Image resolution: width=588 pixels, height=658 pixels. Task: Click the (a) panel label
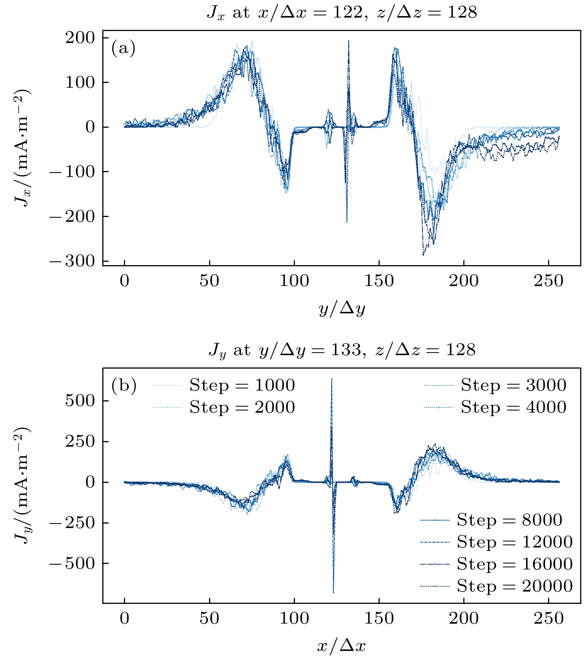[x=123, y=48]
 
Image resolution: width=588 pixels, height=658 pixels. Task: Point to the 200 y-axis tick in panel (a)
[x=80, y=37]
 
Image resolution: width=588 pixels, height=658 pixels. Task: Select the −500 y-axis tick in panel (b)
[x=72, y=563]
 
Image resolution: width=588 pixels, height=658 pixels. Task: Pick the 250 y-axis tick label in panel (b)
[x=80, y=441]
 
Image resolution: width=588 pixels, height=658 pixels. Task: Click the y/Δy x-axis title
[x=342, y=308]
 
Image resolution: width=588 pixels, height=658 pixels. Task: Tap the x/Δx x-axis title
[x=342, y=645]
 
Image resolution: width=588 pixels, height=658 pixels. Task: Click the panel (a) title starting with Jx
[x=342, y=13]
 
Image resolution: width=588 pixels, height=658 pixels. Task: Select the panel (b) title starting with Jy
[x=342, y=350]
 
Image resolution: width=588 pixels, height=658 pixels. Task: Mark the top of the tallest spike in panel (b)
[x=332, y=379]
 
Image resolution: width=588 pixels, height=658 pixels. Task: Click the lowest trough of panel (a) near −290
[x=423, y=255]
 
